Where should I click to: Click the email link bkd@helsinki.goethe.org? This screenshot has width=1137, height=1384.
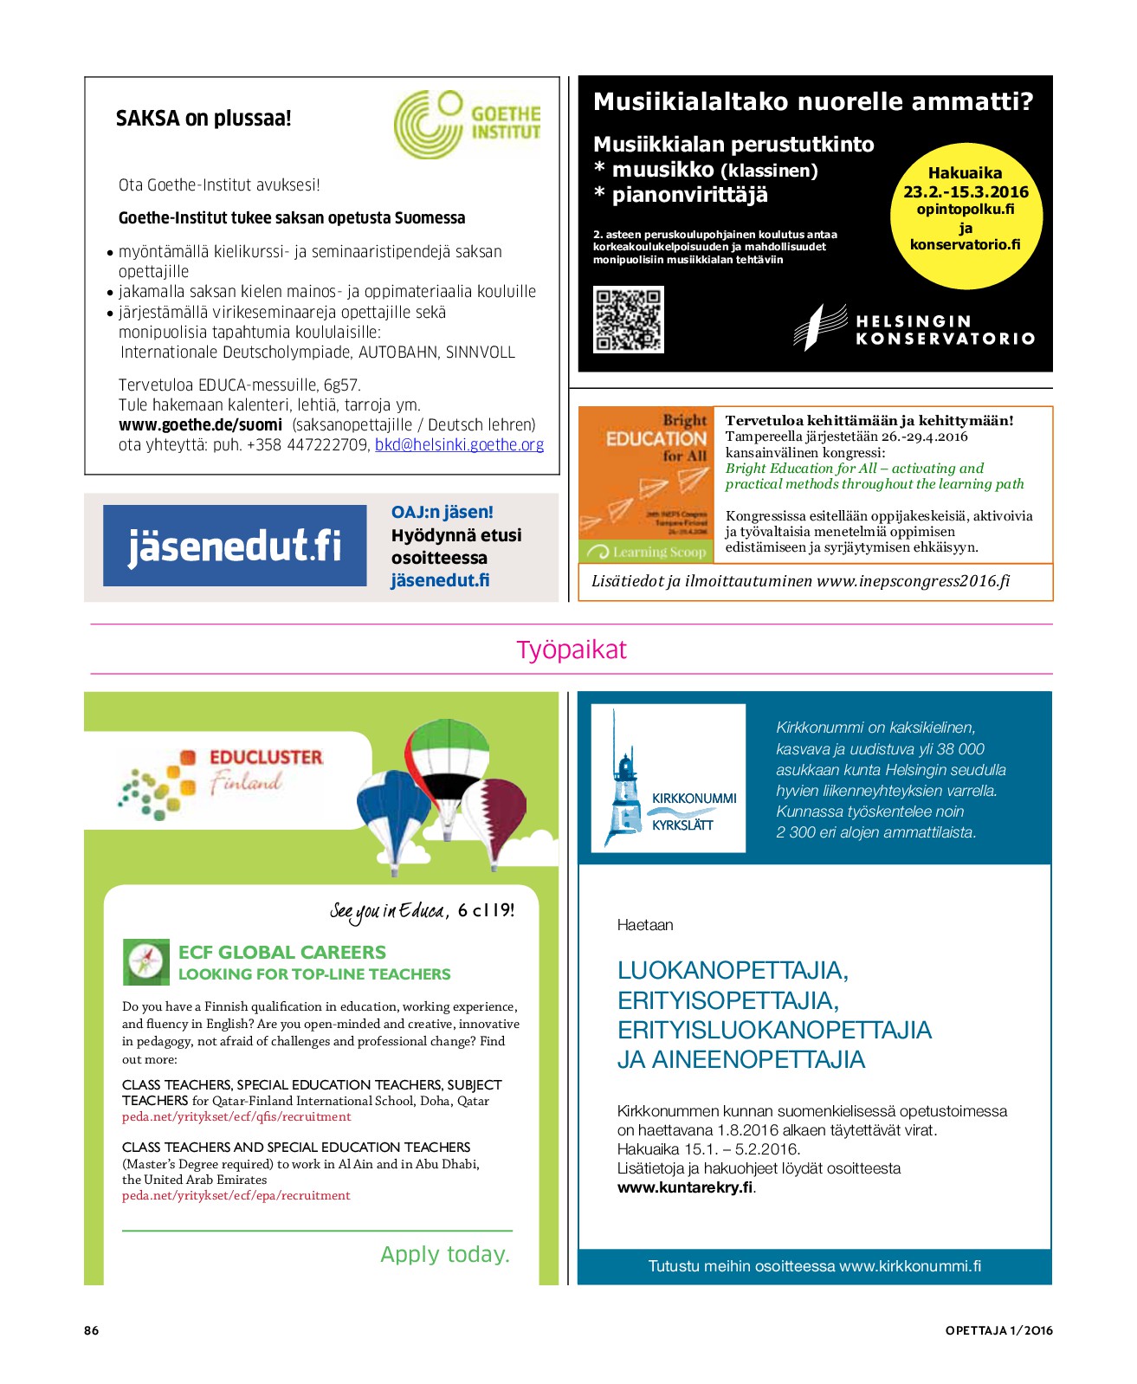click(x=459, y=445)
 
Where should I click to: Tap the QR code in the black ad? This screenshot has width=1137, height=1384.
click(x=629, y=320)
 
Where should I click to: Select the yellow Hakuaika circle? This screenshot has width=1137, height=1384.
click(x=966, y=215)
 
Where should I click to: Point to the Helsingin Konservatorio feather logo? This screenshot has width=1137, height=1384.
click(x=818, y=326)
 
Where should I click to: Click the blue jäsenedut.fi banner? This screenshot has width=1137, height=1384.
click(x=235, y=546)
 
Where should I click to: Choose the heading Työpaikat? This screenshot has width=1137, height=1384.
click(x=571, y=650)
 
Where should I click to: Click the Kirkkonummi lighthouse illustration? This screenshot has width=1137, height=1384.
click(x=623, y=779)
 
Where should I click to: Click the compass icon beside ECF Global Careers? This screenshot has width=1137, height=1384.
click(x=145, y=961)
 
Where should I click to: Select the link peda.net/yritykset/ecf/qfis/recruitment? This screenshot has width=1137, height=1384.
click(x=236, y=1117)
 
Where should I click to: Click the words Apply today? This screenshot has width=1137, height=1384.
click(x=445, y=1254)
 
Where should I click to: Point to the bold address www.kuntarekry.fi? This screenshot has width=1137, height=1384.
click(x=685, y=1187)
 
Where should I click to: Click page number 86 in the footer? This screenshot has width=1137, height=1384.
click(x=92, y=1330)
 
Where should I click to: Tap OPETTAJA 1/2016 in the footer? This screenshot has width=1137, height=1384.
click(x=998, y=1330)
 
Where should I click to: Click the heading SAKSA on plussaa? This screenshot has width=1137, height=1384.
click(x=203, y=119)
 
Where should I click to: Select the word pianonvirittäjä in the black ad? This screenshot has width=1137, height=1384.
click(x=689, y=195)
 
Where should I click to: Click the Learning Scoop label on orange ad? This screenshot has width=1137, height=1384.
click(x=659, y=553)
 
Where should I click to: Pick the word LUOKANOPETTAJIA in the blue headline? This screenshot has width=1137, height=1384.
click(x=732, y=971)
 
